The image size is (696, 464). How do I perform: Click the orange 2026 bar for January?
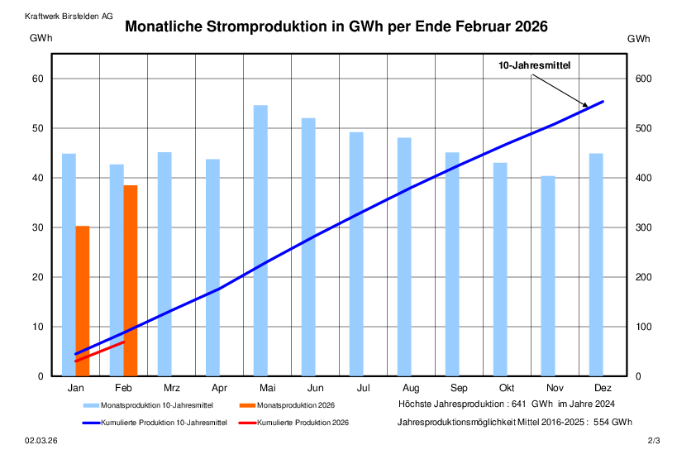click(x=82, y=301)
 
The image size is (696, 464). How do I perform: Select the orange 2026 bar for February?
click(x=131, y=280)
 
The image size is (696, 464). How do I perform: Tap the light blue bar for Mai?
click(x=260, y=241)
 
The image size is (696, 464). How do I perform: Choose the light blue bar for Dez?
click(x=596, y=265)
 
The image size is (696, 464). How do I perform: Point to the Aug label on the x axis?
click(x=411, y=388)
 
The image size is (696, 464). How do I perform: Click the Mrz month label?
click(x=172, y=388)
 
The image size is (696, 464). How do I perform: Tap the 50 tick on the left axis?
click(x=37, y=128)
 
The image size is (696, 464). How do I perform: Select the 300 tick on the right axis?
click(x=644, y=227)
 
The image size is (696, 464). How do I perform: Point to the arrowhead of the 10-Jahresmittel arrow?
click(x=586, y=106)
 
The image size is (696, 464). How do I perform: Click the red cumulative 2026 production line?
click(x=99, y=352)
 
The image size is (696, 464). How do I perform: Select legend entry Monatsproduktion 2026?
click(x=296, y=405)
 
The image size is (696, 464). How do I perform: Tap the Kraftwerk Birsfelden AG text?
click(x=69, y=17)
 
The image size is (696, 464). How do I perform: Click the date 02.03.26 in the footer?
click(x=41, y=442)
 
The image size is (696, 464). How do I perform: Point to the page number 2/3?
click(x=654, y=442)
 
